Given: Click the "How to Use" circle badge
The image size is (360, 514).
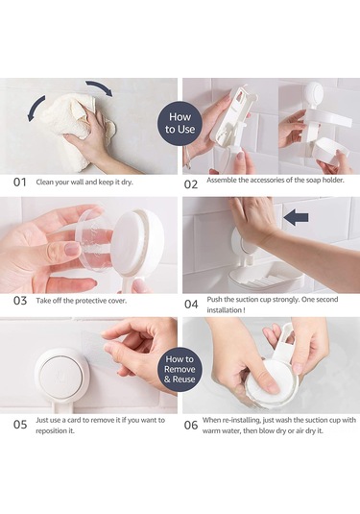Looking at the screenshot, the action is coord(180,123).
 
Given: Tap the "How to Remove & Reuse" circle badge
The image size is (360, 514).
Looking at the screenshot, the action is coord(180,369).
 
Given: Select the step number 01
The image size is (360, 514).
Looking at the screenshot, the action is coord(19,183).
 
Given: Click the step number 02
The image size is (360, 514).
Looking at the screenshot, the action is coord(191,184).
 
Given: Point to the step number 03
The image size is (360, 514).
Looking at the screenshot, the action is coord(20,301).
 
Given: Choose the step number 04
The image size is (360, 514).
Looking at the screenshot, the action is coord(191,305).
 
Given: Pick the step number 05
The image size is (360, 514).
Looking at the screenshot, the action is coord(20,425).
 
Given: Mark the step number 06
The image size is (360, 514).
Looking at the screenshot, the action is coord(191,426).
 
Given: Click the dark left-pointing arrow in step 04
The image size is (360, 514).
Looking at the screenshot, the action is coord(296,217).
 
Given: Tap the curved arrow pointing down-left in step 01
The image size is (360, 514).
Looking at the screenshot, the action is coord(35,109).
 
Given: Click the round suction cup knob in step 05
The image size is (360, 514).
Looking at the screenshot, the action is coord(61,375).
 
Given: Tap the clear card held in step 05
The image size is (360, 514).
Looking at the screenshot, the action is coord(94,348).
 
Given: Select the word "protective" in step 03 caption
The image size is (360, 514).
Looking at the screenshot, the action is coord(91,301).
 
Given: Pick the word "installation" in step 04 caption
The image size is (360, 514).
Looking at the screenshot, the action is coord(224,310).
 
